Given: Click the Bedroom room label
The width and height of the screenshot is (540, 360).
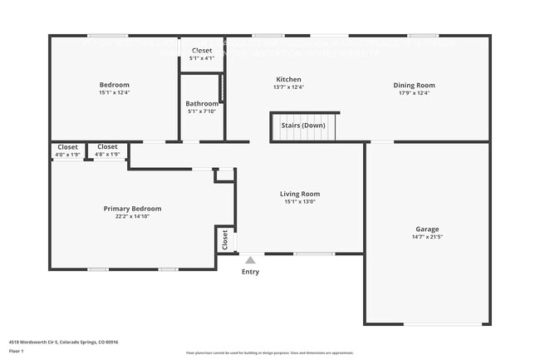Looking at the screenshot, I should coord(115,85).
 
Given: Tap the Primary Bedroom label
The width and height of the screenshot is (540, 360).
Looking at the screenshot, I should coord(132,209).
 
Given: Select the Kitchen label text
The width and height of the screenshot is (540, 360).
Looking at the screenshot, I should coord(288,80).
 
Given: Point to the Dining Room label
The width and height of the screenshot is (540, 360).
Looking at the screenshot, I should coord(414,85).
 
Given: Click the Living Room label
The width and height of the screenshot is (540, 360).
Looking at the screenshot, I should coord(299,194).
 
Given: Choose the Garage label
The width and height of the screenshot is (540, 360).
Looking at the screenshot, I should coord(427,229).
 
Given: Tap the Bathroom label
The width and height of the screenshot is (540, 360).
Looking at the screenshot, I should coord(202,104).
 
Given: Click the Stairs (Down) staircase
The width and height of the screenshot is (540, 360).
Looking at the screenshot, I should coord(304,126).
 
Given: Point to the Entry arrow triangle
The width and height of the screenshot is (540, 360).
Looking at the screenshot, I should coord(250,260).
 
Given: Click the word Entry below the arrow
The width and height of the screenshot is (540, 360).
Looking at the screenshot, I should coord(250,272).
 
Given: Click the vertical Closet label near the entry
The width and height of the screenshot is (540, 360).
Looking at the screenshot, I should coord(224,239).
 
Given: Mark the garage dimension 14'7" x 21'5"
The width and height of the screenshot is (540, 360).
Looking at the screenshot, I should coord(427,237).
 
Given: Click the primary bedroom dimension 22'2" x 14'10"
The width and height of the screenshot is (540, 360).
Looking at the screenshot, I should coord(132,217).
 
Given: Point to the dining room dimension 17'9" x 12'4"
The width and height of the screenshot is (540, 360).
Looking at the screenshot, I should coord(414,93).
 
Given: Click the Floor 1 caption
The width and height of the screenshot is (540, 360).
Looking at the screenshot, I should coord(17,351).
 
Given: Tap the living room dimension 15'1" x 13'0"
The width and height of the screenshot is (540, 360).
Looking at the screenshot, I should coord(299,202).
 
